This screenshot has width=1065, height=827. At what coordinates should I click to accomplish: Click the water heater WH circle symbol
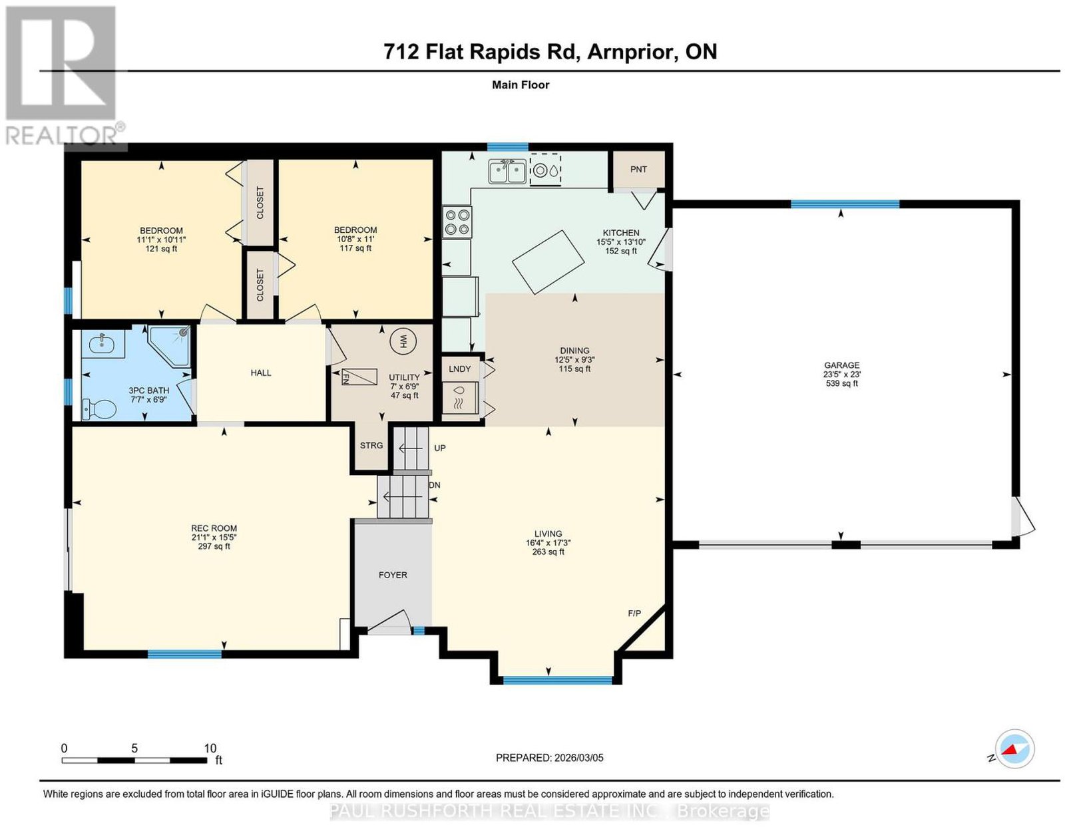403,340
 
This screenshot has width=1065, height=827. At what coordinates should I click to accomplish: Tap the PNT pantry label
638,170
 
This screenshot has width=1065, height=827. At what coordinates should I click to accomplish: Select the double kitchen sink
507,172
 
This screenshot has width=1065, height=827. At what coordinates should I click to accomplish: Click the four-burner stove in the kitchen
457,222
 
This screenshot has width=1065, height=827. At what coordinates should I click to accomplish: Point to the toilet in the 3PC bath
99,409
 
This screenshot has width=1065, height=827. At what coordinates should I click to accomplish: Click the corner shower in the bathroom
170,345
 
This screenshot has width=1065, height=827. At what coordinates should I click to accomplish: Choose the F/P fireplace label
634,613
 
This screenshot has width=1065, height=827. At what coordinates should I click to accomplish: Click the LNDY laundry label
459,369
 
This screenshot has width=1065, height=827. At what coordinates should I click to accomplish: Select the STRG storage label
371,446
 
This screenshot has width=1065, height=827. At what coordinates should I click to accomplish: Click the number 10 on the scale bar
210,748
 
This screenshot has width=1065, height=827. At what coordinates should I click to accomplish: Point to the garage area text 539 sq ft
841,383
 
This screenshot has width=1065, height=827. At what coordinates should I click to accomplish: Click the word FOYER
393,575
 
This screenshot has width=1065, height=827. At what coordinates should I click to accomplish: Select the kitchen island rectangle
548,262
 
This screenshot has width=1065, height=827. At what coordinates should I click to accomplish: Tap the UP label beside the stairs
439,448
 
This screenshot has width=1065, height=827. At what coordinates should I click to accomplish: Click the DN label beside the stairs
435,485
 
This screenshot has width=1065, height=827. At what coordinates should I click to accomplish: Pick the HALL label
261,373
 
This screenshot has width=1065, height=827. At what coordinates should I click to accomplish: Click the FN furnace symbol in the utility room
359,377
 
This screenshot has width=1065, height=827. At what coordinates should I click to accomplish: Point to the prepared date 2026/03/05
578,758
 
